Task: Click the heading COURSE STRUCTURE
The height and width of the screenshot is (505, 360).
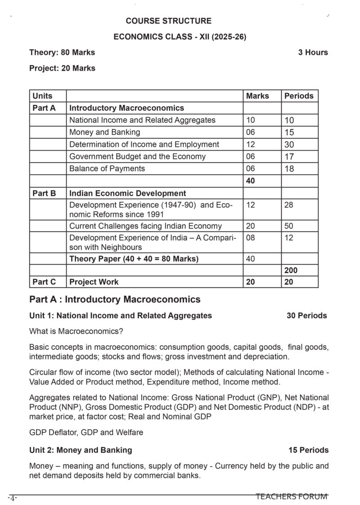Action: coord(168,21)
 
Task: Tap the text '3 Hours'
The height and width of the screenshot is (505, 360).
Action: coord(313,52)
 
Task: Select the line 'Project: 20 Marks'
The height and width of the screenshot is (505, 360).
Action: coord(62,68)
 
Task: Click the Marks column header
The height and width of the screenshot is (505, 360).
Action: coord(257,96)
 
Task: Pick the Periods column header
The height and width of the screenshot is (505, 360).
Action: coord(299,96)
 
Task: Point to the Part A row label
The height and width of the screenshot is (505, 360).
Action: coord(44,108)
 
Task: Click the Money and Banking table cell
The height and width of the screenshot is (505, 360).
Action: coord(104,132)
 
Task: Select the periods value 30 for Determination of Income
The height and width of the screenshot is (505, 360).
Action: coord(289,145)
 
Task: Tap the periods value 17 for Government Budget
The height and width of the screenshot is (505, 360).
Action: coord(289,157)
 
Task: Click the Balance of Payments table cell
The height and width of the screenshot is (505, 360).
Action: coord(107,168)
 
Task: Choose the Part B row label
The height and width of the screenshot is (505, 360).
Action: coord(44,194)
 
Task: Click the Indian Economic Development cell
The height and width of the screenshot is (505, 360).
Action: coord(127,194)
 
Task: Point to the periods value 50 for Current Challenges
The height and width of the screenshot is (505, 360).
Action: coord(289,226)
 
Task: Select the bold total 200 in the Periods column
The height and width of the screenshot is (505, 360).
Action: coord(291,271)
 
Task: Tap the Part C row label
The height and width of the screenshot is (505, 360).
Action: coord(44,282)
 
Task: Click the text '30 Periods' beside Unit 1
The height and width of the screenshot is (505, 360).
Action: coord(306,316)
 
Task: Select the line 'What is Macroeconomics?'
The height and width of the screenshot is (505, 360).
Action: coord(76,331)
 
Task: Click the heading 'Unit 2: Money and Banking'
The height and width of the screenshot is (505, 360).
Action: coord(81,450)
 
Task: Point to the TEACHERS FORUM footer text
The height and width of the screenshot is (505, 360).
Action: coord(292,496)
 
